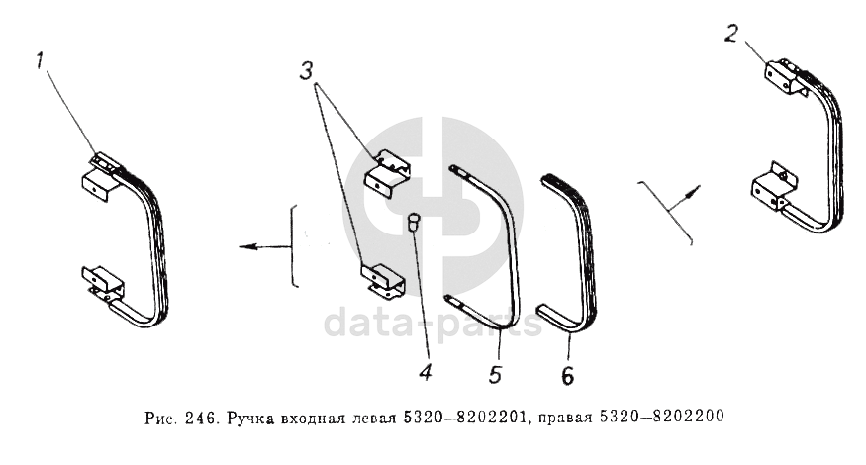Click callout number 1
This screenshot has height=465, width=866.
pos(40,60)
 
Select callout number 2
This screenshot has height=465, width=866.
pos(730,33)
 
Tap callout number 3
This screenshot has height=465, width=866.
pos(307,70)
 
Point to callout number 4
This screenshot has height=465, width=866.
pos(425,373)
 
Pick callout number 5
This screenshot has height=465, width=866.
pos(495,374)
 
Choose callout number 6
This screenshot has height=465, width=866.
pos(568,376)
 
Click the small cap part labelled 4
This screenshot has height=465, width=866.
pos(413,224)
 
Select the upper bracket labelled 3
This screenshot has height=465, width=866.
pos(387,173)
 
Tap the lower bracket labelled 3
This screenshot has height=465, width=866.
pos(382,279)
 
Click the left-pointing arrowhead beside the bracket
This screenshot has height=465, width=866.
pos(246,246)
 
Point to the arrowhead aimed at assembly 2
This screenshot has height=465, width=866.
pos(694,190)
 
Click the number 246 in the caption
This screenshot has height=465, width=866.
pos(198,418)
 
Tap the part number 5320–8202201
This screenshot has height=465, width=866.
pos(465,418)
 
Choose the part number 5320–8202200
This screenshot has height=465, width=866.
pos(661,416)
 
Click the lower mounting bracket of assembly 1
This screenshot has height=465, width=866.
pos(103,282)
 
